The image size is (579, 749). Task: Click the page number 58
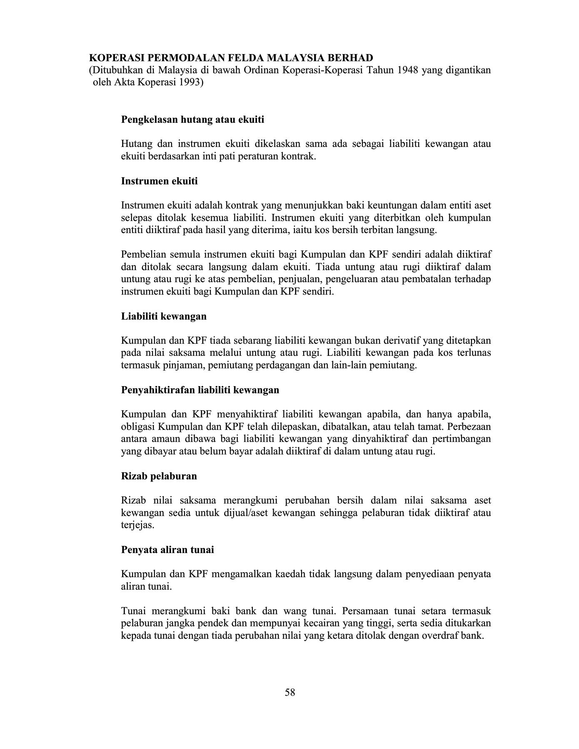tap(290, 692)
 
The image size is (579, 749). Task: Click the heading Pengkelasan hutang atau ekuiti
tap(192, 120)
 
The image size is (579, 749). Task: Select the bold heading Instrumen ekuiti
tap(159, 181)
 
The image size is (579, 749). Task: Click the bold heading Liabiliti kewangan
tap(164, 316)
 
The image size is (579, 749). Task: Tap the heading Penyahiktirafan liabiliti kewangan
tap(200, 390)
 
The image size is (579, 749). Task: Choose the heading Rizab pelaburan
tap(159, 476)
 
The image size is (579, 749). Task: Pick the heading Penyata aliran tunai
tap(167, 550)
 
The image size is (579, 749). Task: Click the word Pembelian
tap(142, 254)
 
